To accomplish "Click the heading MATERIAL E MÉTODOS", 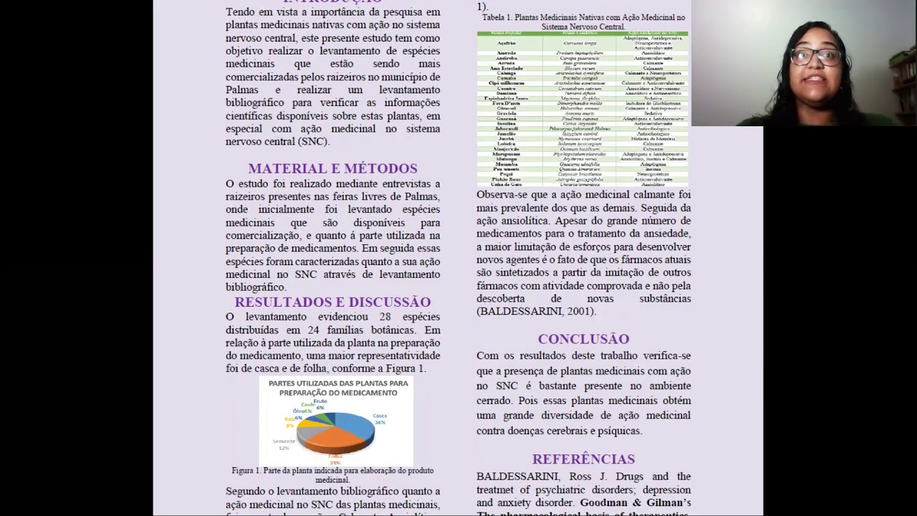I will [332, 168].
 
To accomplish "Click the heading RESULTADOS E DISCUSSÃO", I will [332, 302].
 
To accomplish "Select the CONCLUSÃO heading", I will [583, 339].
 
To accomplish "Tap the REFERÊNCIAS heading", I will [583, 459].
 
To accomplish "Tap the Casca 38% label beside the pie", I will [380, 419].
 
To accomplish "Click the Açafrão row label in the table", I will [506, 43].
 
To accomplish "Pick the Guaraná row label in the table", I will [506, 119].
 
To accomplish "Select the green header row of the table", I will [582, 34].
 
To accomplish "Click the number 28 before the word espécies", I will [385, 317].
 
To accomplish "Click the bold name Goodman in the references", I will [606, 503].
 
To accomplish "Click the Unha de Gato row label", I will [506, 184].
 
